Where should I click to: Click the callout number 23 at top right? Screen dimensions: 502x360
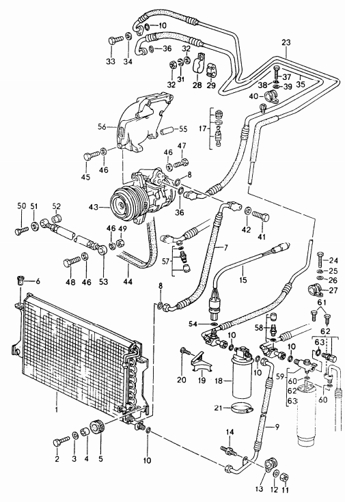coord(286,42)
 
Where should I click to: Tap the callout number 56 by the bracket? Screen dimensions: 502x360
coord(102,127)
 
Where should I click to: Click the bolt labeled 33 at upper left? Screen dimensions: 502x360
coord(113,40)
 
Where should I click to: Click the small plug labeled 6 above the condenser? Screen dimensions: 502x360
coord(20,280)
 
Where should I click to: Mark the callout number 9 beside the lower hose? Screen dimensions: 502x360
coord(277,428)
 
